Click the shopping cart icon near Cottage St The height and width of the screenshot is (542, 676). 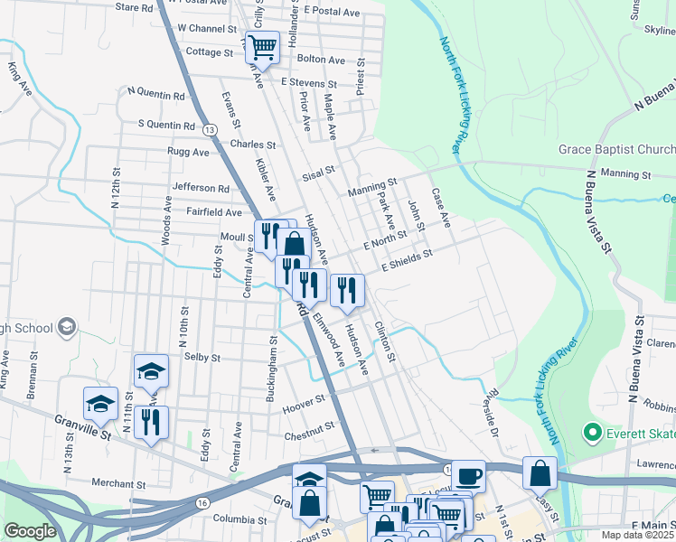[x=262, y=47]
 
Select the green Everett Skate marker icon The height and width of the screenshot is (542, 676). [x=593, y=433]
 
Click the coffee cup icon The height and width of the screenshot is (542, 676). [x=468, y=475]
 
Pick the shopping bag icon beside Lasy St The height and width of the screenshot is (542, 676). [x=540, y=472]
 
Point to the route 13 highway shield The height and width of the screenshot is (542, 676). [x=209, y=129]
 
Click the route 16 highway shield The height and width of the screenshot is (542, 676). [x=202, y=502]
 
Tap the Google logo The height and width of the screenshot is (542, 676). [x=30, y=531]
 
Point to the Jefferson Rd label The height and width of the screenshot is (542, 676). [x=201, y=188]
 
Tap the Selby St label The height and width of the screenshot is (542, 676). [x=202, y=358]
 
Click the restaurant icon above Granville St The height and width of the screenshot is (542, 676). [x=152, y=422]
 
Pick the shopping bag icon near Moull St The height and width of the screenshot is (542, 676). [x=294, y=243]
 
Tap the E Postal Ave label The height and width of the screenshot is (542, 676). [x=332, y=11]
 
